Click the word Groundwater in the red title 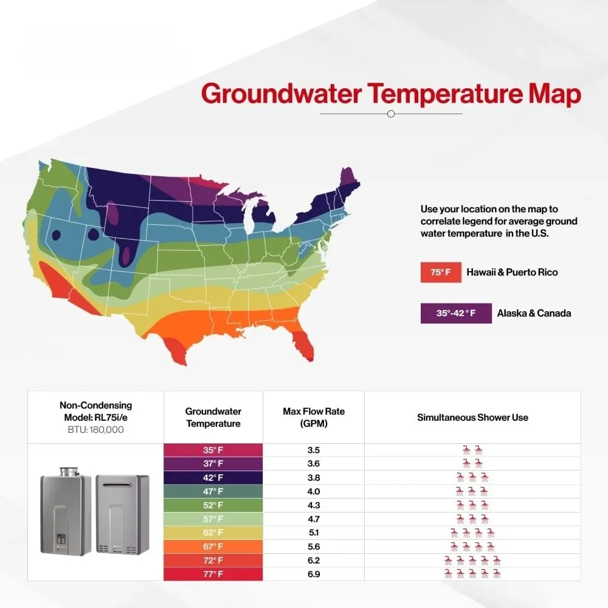tap(282, 94)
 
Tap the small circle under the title tap(391, 114)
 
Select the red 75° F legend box tap(441, 272)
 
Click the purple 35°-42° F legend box tap(456, 313)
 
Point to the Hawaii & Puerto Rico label tap(512, 272)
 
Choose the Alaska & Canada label tap(534, 313)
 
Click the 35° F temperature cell tap(213, 450)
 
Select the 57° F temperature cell tap(213, 519)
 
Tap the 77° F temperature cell tap(213, 575)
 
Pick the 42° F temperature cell tap(213, 478)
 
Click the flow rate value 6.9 tap(314, 575)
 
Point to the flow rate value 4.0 tap(314, 492)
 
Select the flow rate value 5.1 tap(314, 533)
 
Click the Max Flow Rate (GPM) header tap(314, 417)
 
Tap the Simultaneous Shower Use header tap(472, 418)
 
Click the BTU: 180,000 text tap(96, 430)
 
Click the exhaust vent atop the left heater tap(69, 472)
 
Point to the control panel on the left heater tap(61, 539)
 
